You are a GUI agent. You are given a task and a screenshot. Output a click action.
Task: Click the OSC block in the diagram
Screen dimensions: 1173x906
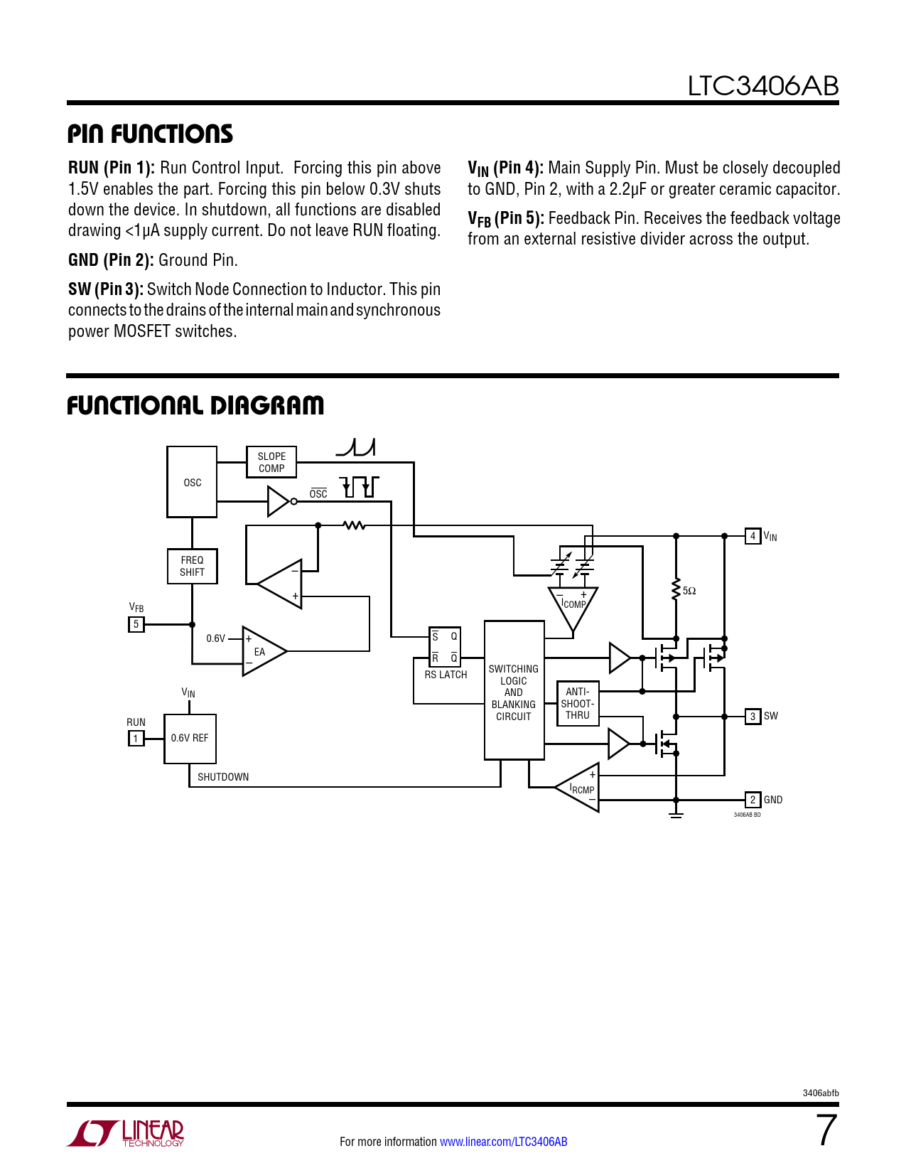point(192,482)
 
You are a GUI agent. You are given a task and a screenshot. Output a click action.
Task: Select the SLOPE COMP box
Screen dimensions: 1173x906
point(271,462)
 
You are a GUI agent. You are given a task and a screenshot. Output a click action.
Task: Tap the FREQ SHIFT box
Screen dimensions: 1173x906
point(192,566)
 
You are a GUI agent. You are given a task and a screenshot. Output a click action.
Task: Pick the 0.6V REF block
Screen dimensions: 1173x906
point(190,739)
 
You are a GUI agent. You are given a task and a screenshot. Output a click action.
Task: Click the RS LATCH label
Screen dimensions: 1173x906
point(446,675)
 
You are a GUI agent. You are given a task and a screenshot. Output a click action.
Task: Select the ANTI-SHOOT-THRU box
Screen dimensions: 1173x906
point(578,703)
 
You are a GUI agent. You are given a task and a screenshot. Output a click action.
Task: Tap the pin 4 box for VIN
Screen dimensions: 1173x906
point(753,536)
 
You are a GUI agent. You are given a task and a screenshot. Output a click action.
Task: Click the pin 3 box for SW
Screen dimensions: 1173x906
point(753,716)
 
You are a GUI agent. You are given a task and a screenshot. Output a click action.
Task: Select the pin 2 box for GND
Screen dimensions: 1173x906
point(753,800)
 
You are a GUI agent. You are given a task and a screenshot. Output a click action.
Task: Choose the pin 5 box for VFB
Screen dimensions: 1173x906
point(136,624)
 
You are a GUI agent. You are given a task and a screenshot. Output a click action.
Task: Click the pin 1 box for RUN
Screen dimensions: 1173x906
point(136,739)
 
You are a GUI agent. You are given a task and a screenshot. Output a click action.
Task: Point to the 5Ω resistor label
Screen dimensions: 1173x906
point(689,591)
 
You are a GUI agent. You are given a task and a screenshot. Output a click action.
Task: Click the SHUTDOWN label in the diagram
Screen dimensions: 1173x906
point(223,777)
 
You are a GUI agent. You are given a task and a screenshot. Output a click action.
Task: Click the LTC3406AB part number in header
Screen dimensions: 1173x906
point(762,86)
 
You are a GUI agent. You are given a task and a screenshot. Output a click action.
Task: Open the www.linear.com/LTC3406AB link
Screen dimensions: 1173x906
point(503,1142)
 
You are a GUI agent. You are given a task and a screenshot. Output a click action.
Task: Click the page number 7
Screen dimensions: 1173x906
point(826,1130)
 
